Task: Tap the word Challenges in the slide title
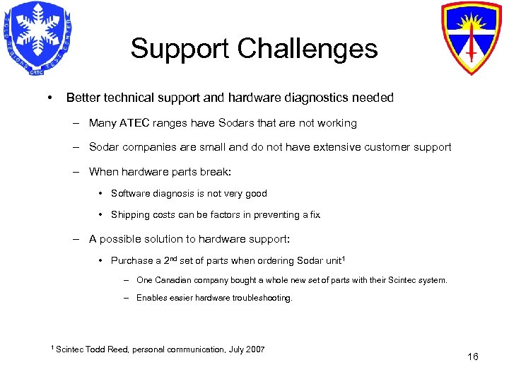tap(308, 49)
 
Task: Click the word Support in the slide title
tap(181, 49)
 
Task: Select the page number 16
tap(473, 357)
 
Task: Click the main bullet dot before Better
tap(48, 98)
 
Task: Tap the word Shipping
tap(131, 215)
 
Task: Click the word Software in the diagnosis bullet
tap(131, 194)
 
